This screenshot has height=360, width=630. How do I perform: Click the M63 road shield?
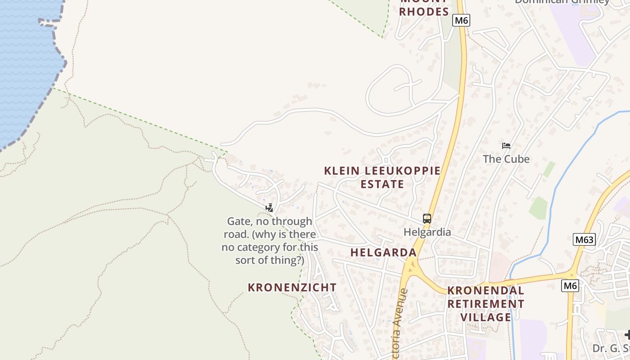click(584, 240)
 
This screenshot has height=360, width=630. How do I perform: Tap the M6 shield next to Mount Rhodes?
click(461, 20)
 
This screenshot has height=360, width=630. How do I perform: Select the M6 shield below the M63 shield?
click(570, 286)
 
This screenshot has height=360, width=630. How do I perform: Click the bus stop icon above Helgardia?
click(427, 219)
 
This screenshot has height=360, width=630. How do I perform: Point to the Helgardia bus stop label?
click(427, 232)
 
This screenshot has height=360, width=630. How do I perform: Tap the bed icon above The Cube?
click(506, 146)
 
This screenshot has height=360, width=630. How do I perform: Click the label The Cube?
click(506, 159)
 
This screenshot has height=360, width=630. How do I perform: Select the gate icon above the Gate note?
click(269, 208)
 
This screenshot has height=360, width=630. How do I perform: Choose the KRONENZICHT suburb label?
click(292, 288)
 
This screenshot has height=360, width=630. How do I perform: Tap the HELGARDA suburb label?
click(383, 252)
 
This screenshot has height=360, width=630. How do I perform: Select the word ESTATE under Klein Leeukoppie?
click(382, 184)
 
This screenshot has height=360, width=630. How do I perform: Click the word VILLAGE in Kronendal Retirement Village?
click(486, 317)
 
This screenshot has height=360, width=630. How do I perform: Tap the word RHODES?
click(424, 12)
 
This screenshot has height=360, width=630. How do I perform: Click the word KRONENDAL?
click(486, 291)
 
